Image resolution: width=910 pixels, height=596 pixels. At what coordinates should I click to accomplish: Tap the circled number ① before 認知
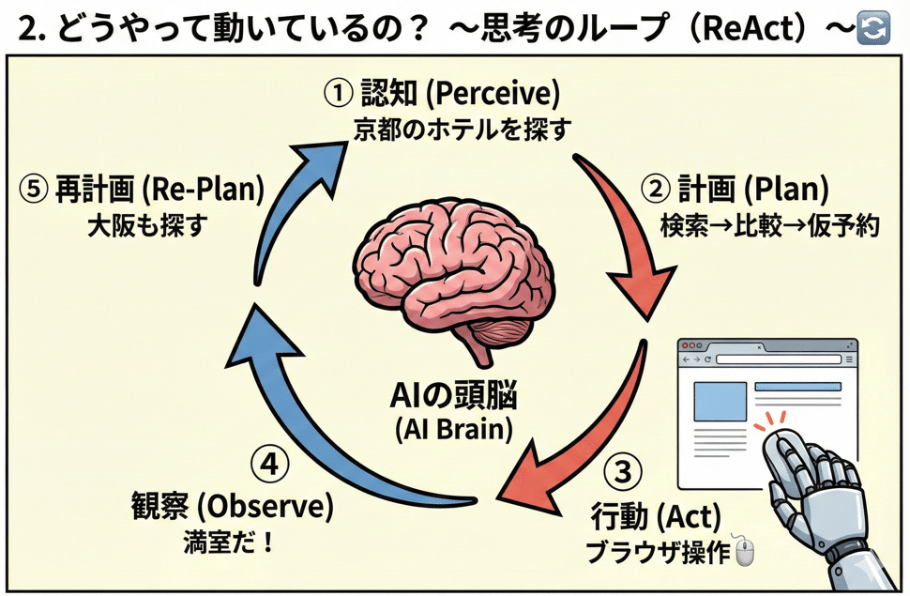pyautogui.click(x=337, y=94)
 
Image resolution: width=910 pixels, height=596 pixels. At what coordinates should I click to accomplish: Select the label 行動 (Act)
pyautogui.click(x=656, y=515)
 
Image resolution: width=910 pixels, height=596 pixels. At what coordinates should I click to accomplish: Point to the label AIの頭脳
pyautogui.click(x=453, y=398)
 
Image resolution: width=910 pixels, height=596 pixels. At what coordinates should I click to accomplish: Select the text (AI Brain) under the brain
pyautogui.click(x=453, y=431)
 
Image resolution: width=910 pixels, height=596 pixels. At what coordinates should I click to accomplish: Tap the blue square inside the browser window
pyautogui.click(x=718, y=401)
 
